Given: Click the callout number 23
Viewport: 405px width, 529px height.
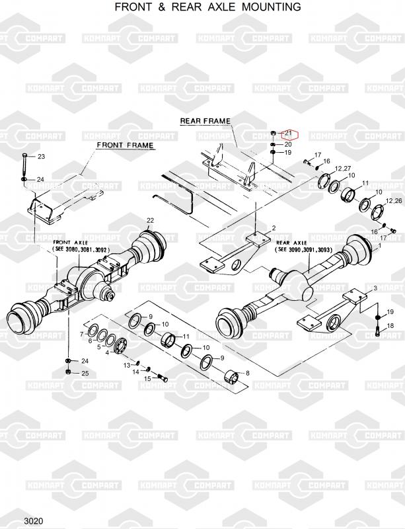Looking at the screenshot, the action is tap(41, 157).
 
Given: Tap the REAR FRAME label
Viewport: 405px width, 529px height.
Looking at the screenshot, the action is tap(205, 121).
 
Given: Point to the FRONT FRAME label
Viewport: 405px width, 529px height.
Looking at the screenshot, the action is tap(125, 145).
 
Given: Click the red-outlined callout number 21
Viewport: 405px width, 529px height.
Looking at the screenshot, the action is tap(288, 134).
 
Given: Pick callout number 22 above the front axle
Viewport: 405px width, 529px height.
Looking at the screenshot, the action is tap(150, 220).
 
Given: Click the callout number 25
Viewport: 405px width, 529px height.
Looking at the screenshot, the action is tap(85, 373).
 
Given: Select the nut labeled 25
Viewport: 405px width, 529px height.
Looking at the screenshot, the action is tap(69, 372).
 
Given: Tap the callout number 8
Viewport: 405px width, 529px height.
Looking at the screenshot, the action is tap(248, 373).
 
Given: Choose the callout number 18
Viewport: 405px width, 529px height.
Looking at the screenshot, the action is tap(390, 326).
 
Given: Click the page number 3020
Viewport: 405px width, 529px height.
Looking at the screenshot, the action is tap(34, 521).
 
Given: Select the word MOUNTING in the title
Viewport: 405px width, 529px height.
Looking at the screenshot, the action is tap(271, 7).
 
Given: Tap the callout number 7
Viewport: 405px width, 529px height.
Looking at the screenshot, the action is tap(82, 335).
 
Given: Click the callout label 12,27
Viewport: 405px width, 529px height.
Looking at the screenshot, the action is tap(344, 169).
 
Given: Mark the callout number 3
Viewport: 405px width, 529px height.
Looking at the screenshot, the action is tap(375, 288).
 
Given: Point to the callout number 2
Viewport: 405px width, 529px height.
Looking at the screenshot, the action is tap(274, 228).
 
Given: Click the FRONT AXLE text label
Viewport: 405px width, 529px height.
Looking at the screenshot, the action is tap(70, 243).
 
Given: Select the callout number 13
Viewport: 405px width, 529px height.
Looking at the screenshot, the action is tap(127, 366).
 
